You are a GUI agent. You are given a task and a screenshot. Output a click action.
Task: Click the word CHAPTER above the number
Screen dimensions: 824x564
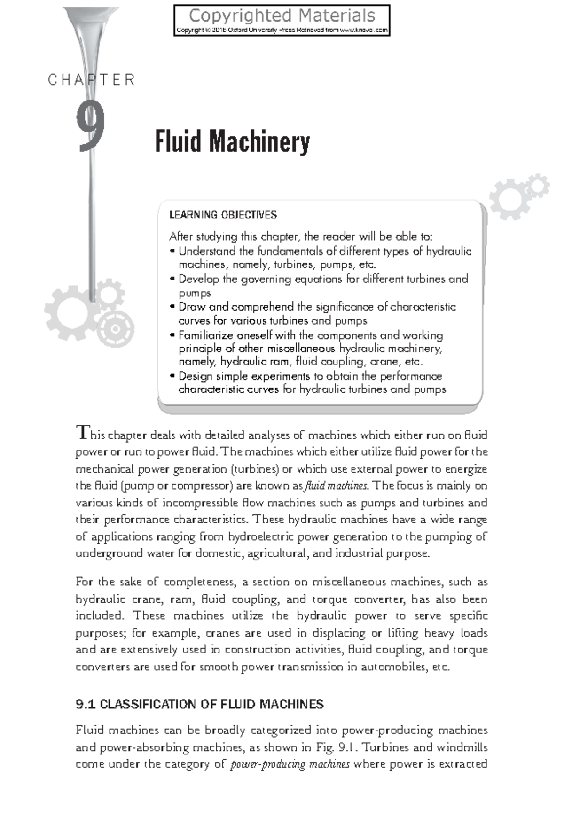92,80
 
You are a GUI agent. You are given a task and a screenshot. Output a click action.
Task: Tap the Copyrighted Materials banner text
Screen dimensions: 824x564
282,16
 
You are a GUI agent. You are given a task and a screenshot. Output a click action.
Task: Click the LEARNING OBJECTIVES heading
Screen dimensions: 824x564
223,215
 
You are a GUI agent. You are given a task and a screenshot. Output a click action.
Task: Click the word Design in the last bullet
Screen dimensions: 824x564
195,376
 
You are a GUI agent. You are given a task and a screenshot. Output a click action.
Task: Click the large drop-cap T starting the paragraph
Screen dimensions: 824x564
82,432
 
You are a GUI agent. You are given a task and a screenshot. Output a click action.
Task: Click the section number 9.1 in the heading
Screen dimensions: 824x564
86,704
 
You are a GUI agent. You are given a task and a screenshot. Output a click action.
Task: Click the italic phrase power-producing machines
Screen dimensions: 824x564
290,764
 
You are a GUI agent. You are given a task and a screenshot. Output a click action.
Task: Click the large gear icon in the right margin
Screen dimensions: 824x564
509,199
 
